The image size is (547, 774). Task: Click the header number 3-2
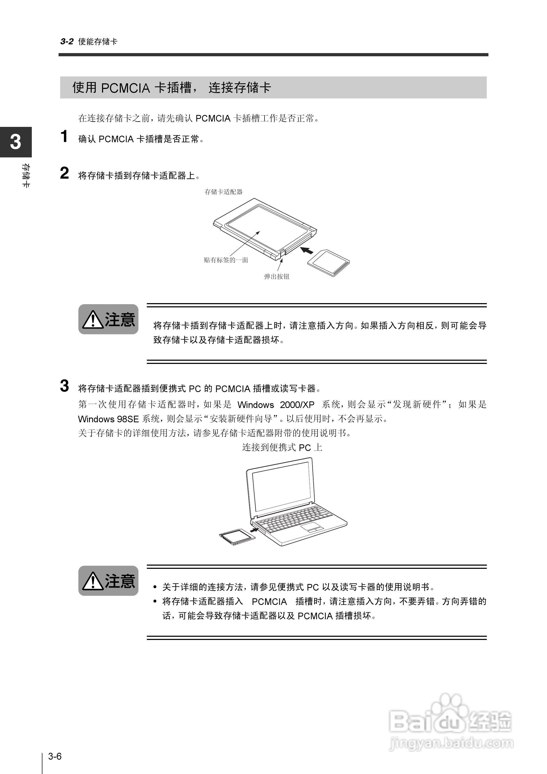point(67,41)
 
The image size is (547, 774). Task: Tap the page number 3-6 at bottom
point(55,756)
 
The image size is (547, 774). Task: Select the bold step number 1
point(64,137)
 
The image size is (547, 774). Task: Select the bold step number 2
point(64,173)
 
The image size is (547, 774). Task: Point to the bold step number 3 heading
point(64,386)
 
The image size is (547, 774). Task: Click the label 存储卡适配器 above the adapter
point(224,192)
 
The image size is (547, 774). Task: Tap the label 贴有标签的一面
point(226,260)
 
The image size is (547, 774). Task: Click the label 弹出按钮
point(276,277)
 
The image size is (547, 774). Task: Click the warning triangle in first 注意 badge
point(93,320)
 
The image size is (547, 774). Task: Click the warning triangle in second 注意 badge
point(93,581)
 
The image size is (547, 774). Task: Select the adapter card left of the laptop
point(237,537)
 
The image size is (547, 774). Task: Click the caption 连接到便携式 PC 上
point(282,448)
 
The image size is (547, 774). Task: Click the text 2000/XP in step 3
point(297,405)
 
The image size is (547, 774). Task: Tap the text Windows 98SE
point(108,419)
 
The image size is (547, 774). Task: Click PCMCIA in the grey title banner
point(125,88)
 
